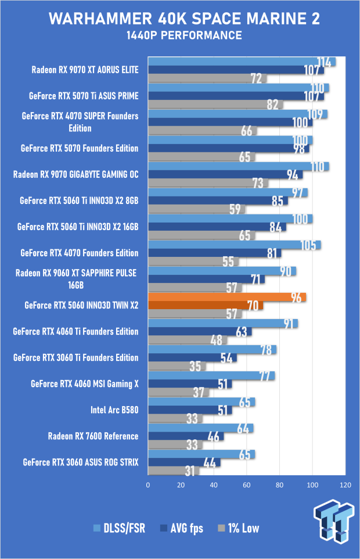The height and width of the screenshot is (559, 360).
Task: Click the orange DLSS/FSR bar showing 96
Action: [226, 297]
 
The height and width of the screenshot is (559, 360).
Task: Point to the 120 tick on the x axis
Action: [345, 485]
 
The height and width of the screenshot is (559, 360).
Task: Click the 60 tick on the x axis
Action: [247, 485]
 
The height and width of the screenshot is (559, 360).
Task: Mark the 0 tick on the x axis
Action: [149, 485]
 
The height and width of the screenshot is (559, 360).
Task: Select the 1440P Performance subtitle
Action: [180, 36]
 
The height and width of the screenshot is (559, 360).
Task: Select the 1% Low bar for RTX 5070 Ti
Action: [215, 105]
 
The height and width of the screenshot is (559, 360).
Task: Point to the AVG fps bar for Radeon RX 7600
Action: [186, 436]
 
